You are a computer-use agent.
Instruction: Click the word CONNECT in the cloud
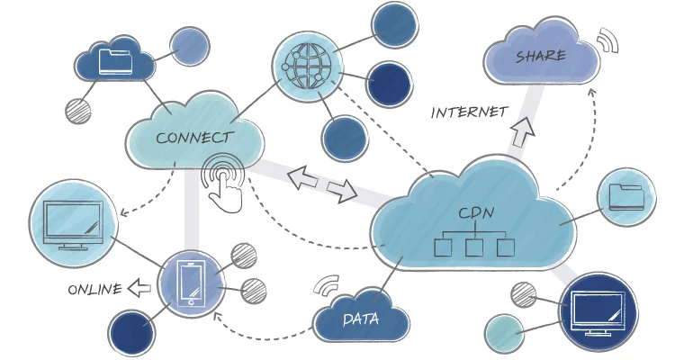click(x=193, y=139)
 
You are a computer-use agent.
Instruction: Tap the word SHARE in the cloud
click(x=540, y=57)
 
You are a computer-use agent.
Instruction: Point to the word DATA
click(x=360, y=319)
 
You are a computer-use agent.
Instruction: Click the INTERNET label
click(x=469, y=112)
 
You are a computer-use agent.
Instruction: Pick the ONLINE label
click(x=94, y=290)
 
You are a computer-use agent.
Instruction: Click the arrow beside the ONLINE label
click(x=139, y=289)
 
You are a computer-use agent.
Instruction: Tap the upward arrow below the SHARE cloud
click(x=522, y=132)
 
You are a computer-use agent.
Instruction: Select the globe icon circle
click(x=308, y=64)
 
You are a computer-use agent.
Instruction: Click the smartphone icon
click(x=190, y=283)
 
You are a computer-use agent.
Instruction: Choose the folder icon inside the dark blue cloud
click(x=114, y=62)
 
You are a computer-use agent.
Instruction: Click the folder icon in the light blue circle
click(x=625, y=196)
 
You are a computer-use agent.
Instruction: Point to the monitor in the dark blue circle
click(x=598, y=311)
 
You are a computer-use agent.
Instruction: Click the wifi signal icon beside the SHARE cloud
click(x=609, y=40)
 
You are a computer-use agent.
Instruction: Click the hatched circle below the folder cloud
click(x=79, y=111)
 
